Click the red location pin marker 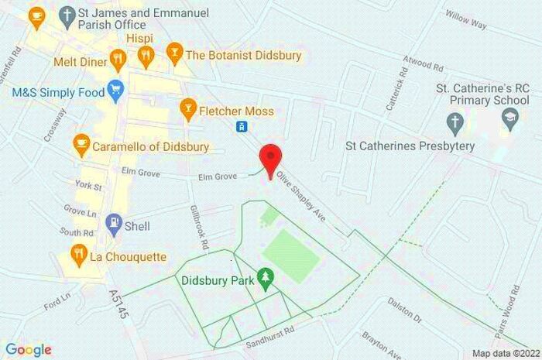click(269, 158)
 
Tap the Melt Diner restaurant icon click(118, 58)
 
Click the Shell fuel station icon click(114, 224)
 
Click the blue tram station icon click(242, 127)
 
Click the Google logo click(29, 349)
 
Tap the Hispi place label click(140, 38)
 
